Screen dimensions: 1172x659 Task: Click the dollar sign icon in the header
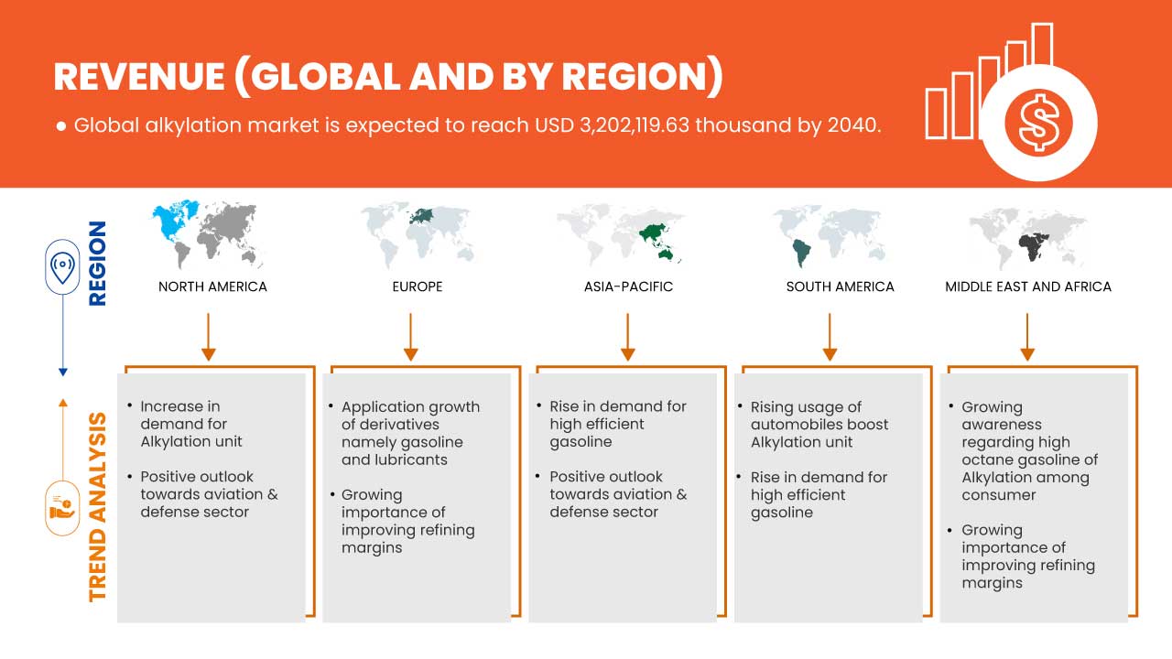pos(1038,124)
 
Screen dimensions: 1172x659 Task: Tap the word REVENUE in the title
pos(139,77)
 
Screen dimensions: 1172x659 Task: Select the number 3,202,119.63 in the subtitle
pos(635,125)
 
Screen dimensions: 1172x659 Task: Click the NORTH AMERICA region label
pos(212,286)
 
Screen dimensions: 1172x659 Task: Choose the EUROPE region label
pos(418,286)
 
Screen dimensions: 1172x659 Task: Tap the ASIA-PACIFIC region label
pos(628,286)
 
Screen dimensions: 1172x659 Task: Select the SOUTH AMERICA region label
pos(841,286)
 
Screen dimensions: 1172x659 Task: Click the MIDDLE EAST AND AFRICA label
pos(1028,286)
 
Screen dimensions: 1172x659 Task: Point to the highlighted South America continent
pos(801,253)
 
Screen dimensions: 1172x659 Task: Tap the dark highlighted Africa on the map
pos(1033,247)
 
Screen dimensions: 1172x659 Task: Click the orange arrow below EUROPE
pos(411,337)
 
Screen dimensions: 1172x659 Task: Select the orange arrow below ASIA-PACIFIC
pos(627,337)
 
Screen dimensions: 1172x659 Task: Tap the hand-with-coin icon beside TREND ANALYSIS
pos(62,507)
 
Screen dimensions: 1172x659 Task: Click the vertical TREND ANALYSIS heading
pos(97,507)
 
